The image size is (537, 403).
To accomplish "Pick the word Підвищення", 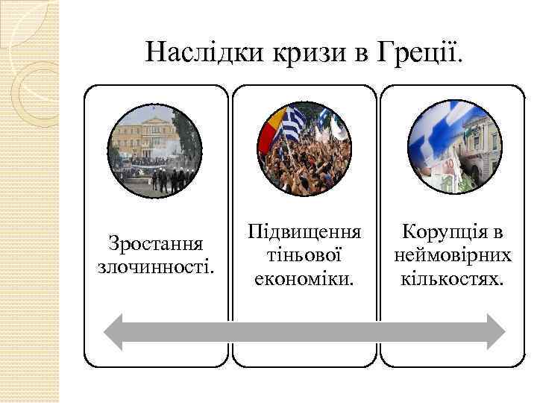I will pos(305,233).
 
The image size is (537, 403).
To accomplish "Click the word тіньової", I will pos(304,255).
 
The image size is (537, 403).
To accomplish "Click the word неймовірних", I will pos(453,255).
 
